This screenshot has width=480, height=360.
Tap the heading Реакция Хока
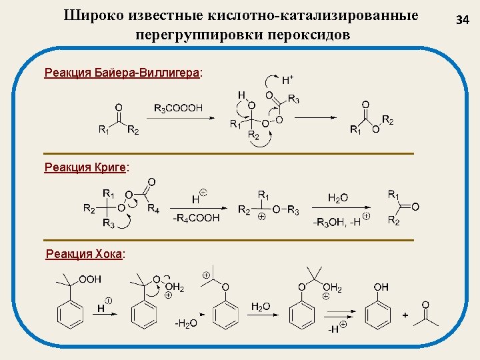[85, 254]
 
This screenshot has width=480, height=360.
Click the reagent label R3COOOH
[178, 108]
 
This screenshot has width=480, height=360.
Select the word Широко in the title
[93, 15]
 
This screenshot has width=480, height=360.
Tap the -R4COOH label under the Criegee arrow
[197, 218]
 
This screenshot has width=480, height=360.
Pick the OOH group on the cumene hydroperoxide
[90, 279]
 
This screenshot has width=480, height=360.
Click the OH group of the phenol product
[381, 287]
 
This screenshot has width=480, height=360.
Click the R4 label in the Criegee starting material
[153, 209]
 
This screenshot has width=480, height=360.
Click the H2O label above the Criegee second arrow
[338, 197]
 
